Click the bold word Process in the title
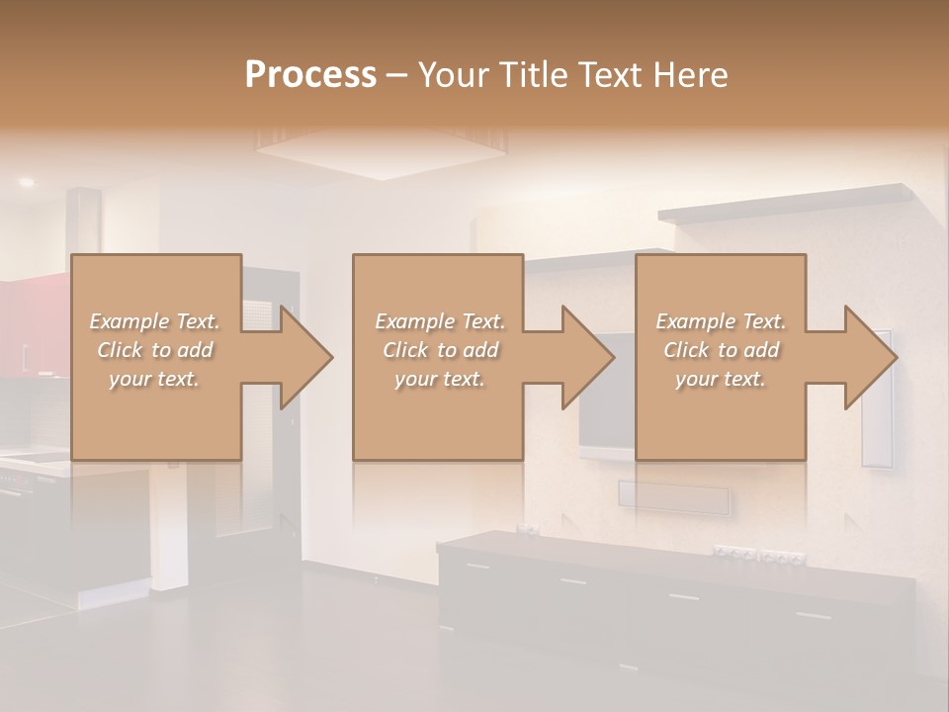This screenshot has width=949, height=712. [x=310, y=75]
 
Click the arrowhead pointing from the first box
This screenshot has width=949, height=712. [x=304, y=357]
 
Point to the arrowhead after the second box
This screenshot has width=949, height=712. [x=586, y=357]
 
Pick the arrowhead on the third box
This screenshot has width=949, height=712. [x=868, y=357]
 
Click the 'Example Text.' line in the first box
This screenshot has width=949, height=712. [x=155, y=321]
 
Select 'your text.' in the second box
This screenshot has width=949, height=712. [x=440, y=379]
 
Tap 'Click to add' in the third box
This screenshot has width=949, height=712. [x=721, y=350]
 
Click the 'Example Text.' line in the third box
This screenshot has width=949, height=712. [x=721, y=321]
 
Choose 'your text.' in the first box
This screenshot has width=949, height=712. [x=155, y=379]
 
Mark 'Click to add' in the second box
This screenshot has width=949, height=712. [x=440, y=350]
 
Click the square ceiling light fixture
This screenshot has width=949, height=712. [x=380, y=153]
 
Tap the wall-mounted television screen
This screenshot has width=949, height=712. [x=605, y=396]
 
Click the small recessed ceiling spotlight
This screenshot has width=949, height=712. [x=26, y=182]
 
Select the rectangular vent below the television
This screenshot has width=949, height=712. [x=674, y=496]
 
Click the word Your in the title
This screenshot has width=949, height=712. [x=452, y=75]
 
